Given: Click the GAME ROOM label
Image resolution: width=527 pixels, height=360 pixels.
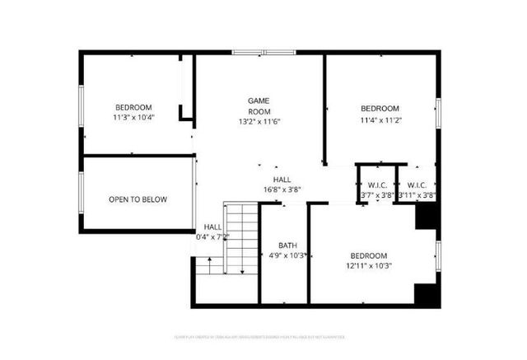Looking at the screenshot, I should click(259, 105).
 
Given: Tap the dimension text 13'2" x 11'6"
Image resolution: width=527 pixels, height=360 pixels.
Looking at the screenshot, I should click(259, 122).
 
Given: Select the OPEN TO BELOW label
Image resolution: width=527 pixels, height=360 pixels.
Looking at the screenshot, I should click(138, 199).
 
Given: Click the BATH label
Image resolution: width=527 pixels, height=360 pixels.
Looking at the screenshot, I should click(287, 245).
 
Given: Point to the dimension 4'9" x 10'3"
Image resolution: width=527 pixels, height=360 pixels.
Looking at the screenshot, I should click(287, 255).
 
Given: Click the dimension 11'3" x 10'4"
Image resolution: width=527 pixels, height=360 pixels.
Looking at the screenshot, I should click(133, 117).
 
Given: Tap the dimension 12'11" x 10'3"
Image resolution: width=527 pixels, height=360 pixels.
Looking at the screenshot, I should click(369, 265).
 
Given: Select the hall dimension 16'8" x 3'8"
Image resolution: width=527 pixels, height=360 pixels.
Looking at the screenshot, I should click(282, 189).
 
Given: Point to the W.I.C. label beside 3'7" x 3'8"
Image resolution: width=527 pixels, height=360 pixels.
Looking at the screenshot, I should click(377, 185).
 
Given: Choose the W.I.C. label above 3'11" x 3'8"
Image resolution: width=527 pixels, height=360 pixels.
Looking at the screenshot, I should click(417, 185).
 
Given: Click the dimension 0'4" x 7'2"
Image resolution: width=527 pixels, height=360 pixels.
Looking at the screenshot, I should click(212, 237).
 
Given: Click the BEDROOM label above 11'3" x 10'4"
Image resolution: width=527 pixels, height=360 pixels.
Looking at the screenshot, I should click(133, 107).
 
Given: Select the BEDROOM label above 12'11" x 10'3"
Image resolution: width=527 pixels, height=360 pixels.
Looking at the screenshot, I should click(369, 255).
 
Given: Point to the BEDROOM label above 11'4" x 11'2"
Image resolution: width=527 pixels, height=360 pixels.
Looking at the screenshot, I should click(380, 109).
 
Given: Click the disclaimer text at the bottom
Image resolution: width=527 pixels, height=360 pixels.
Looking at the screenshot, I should click(263, 337).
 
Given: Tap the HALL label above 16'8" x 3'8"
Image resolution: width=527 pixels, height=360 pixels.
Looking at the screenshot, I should click(282, 179).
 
